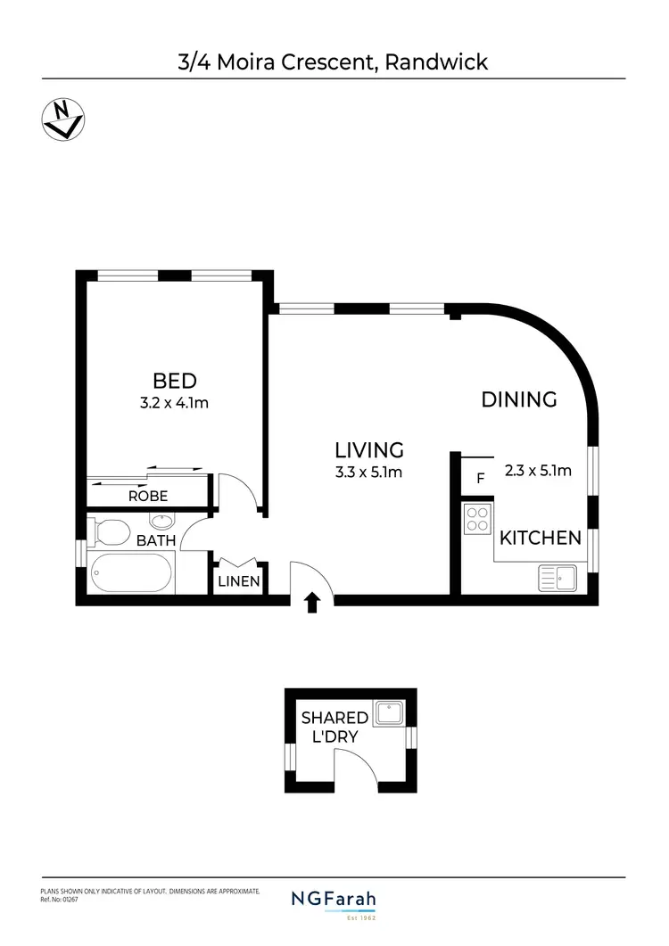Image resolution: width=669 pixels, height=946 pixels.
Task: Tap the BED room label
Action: tap(174, 381)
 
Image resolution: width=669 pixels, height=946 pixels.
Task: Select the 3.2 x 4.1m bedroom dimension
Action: tap(174, 403)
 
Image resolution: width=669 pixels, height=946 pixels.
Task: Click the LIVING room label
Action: tap(369, 450)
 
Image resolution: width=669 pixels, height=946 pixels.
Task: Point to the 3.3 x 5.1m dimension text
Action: tap(369, 473)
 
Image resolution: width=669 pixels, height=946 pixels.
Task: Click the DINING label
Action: tap(519, 399)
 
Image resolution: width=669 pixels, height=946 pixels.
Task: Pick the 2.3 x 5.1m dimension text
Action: tap(538, 471)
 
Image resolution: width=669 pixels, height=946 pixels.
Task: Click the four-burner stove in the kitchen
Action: tap(478, 519)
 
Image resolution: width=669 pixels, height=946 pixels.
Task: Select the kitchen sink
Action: tap(557, 578)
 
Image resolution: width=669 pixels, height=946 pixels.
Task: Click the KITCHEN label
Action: tap(540, 538)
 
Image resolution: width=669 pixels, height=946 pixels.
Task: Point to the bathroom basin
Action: tap(161, 522)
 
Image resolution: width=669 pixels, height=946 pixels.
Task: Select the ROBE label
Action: tap(148, 496)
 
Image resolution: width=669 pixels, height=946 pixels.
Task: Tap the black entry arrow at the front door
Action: tap(312, 604)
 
